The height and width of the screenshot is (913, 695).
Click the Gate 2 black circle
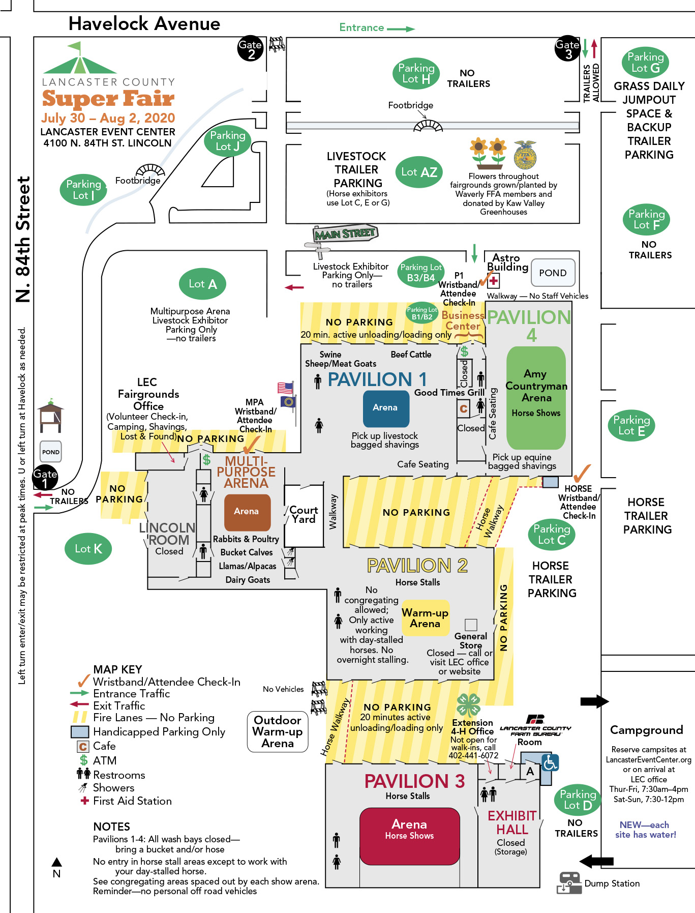(x=251, y=49)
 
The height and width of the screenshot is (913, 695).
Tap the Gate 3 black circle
(x=567, y=49)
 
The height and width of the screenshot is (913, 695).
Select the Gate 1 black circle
(x=45, y=478)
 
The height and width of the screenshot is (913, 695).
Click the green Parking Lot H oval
(x=416, y=73)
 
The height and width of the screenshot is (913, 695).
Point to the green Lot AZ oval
(x=419, y=172)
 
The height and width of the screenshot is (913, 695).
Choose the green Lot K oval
(x=88, y=549)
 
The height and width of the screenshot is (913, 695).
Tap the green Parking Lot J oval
(x=227, y=141)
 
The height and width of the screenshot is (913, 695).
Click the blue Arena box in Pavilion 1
(x=385, y=408)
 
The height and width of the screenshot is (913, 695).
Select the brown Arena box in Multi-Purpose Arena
(x=247, y=512)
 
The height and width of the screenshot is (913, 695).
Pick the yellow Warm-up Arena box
(x=425, y=618)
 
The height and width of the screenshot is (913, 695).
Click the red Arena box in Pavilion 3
(x=409, y=829)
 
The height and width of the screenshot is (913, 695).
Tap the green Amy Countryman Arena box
(x=536, y=397)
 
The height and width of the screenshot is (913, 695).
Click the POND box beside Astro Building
(x=553, y=273)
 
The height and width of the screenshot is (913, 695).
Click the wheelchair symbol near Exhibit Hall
(x=550, y=762)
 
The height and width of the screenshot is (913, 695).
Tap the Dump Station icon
(x=569, y=882)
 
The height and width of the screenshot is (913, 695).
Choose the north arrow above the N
(x=57, y=862)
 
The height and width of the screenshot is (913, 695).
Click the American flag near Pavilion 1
(x=285, y=388)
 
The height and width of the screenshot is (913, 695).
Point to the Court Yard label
(x=304, y=515)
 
